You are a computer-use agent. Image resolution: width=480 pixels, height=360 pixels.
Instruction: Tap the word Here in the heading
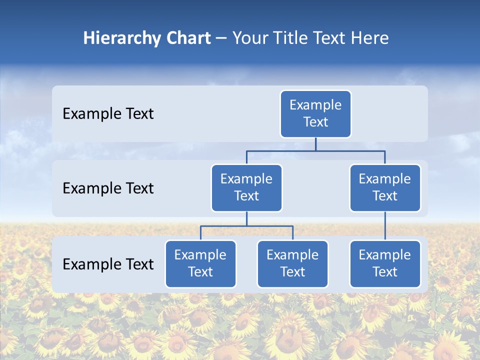click(x=370, y=38)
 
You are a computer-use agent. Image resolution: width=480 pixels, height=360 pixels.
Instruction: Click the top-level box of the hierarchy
click(x=315, y=113)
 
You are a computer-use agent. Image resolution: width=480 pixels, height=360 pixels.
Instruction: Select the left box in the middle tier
click(x=246, y=187)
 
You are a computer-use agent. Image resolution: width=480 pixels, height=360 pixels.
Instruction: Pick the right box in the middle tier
click(x=385, y=187)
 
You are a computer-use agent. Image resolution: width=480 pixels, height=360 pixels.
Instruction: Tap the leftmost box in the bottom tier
click(x=200, y=263)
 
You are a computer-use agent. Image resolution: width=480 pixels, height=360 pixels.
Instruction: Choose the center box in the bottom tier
click(x=292, y=263)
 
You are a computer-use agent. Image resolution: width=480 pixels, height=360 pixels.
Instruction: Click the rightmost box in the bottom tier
click(x=385, y=263)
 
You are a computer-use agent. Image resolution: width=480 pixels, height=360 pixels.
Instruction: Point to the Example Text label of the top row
click(x=108, y=113)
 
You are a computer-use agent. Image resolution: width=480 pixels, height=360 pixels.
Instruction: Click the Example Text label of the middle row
click(x=108, y=188)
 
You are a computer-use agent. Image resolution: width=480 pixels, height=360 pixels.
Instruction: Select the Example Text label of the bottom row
click(x=108, y=264)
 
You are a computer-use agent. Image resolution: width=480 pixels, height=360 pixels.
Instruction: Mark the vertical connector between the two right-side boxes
click(x=385, y=226)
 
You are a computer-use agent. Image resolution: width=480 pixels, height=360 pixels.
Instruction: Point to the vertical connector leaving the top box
click(x=315, y=144)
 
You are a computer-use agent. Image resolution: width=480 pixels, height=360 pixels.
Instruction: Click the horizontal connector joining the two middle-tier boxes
click(x=315, y=150)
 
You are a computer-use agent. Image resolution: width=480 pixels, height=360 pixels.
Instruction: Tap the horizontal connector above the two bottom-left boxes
click(x=246, y=226)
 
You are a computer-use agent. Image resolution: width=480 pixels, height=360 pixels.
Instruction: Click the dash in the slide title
click(x=221, y=38)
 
